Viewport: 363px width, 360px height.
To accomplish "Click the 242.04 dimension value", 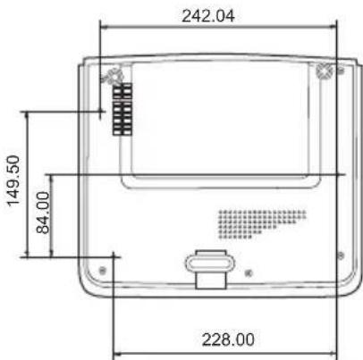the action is click(208, 16).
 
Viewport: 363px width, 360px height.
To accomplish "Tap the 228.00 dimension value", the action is click(228, 339).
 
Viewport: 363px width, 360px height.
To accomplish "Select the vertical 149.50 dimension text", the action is click(13, 180).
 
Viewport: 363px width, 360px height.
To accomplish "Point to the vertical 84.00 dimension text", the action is click(43, 213).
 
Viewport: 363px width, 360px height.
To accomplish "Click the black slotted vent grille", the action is click(122, 109).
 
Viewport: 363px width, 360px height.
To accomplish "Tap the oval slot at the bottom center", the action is click(210, 264).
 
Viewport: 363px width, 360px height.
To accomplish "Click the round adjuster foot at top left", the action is click(113, 76).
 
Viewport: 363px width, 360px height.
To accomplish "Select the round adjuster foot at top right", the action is click(325, 71).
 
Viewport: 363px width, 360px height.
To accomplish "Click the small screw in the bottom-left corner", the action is click(102, 271).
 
